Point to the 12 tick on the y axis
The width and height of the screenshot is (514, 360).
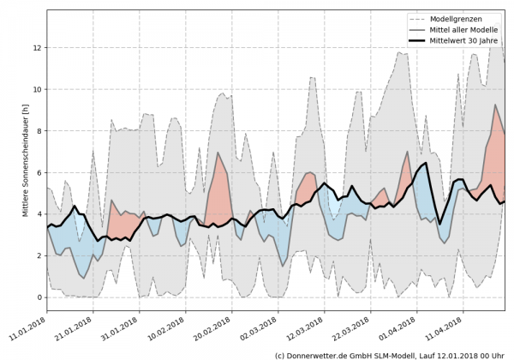pyautogui.click(x=37, y=48)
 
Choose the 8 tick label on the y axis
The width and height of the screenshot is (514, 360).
pyautogui.click(x=37, y=131)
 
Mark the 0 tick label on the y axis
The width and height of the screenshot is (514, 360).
pyautogui.click(x=37, y=297)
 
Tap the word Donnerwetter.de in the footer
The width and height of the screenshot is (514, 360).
pyautogui.click(x=326, y=354)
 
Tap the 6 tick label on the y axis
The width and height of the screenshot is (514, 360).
pyautogui.click(x=37, y=172)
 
